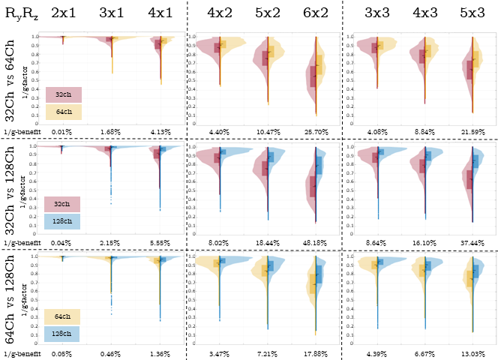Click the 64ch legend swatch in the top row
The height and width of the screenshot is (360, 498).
pos(63,112)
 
